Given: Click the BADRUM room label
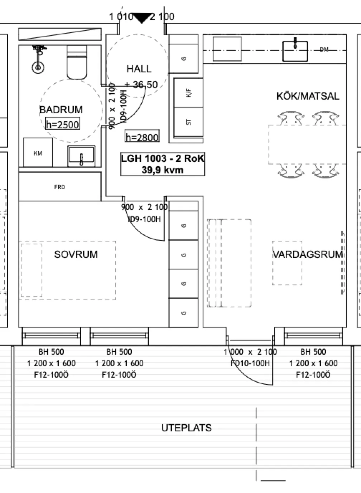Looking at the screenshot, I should click(61, 110).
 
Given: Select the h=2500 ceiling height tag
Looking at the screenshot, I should click(62, 124).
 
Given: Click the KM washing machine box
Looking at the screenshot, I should click(38, 153).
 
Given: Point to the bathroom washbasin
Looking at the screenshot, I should click(81, 156).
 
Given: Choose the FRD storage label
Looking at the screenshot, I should click(59, 187).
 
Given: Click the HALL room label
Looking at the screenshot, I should click(139, 69).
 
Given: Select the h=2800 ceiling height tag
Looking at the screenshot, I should click(142, 137).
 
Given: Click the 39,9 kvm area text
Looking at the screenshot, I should click(162, 170).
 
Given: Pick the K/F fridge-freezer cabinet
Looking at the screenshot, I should click(188, 93).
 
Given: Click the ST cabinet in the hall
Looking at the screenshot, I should click(188, 122).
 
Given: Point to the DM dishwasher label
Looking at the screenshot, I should click(324, 49).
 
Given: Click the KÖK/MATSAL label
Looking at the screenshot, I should click(308, 96).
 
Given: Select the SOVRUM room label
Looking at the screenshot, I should click(76, 254).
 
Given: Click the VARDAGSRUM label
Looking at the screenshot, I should click(308, 254).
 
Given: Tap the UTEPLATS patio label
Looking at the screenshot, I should click(186, 428).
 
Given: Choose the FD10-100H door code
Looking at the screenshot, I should click(250, 363).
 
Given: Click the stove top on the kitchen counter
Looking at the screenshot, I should click(227, 49).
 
